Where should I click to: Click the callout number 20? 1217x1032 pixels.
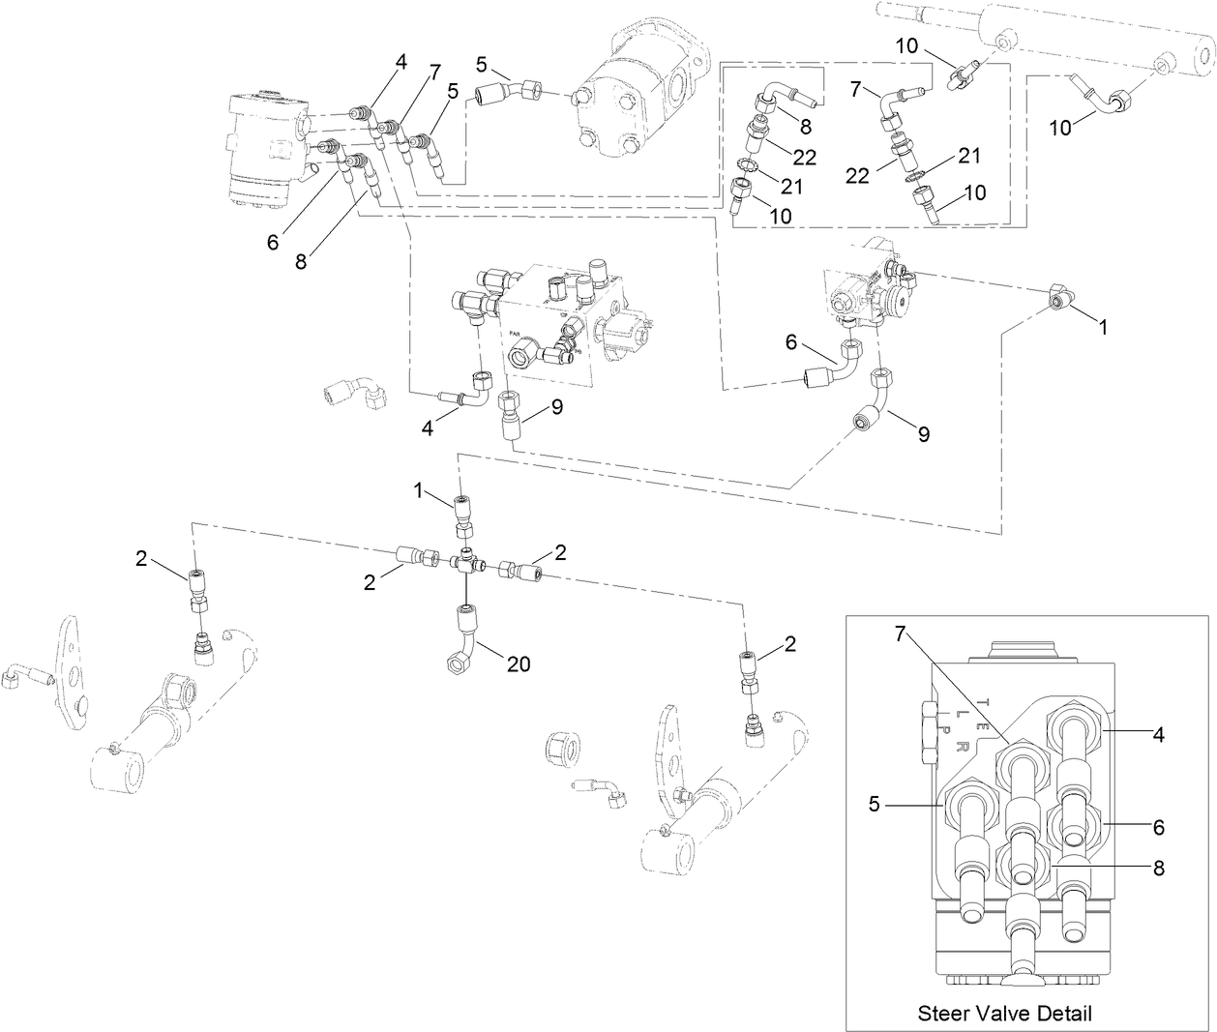point(519,664)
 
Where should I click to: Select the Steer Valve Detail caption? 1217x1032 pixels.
point(1004,1013)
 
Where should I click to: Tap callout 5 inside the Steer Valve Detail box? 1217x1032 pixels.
point(874,803)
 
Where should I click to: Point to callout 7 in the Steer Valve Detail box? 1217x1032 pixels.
point(900,634)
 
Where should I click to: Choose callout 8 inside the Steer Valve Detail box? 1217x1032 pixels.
point(1159,868)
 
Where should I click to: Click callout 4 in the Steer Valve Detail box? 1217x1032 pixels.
point(1159,734)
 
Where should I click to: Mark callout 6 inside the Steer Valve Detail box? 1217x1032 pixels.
point(1159,827)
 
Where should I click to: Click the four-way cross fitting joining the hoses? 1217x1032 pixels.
point(467,560)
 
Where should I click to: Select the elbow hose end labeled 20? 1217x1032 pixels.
point(462,638)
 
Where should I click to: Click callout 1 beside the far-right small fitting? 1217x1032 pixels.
point(1102,327)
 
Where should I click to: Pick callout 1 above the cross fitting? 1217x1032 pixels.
point(419,491)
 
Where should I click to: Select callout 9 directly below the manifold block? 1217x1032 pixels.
point(557,408)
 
